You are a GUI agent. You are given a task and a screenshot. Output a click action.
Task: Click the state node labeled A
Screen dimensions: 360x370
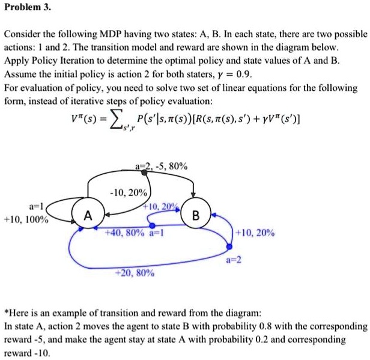[x=88, y=215]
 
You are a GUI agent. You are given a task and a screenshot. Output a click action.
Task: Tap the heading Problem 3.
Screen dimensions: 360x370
[x=27, y=8]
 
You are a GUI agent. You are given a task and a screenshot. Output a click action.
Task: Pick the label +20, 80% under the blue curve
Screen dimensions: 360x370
[x=136, y=273]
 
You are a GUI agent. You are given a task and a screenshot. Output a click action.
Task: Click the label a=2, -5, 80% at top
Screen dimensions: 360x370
[x=162, y=166]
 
